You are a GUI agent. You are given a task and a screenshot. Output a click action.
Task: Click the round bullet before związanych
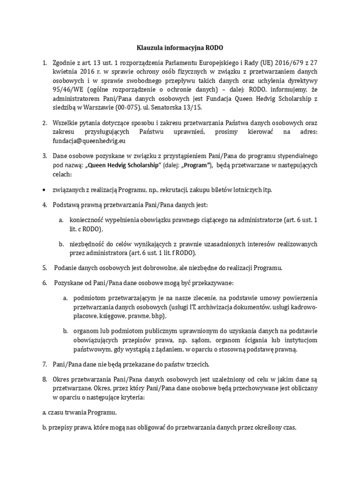click(x=44, y=190)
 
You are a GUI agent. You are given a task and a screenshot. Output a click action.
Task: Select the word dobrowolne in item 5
click(x=150, y=268)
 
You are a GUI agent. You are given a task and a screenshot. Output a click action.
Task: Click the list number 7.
click(x=44, y=364)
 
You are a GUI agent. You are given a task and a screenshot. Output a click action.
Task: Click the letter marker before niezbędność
click(x=61, y=244)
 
